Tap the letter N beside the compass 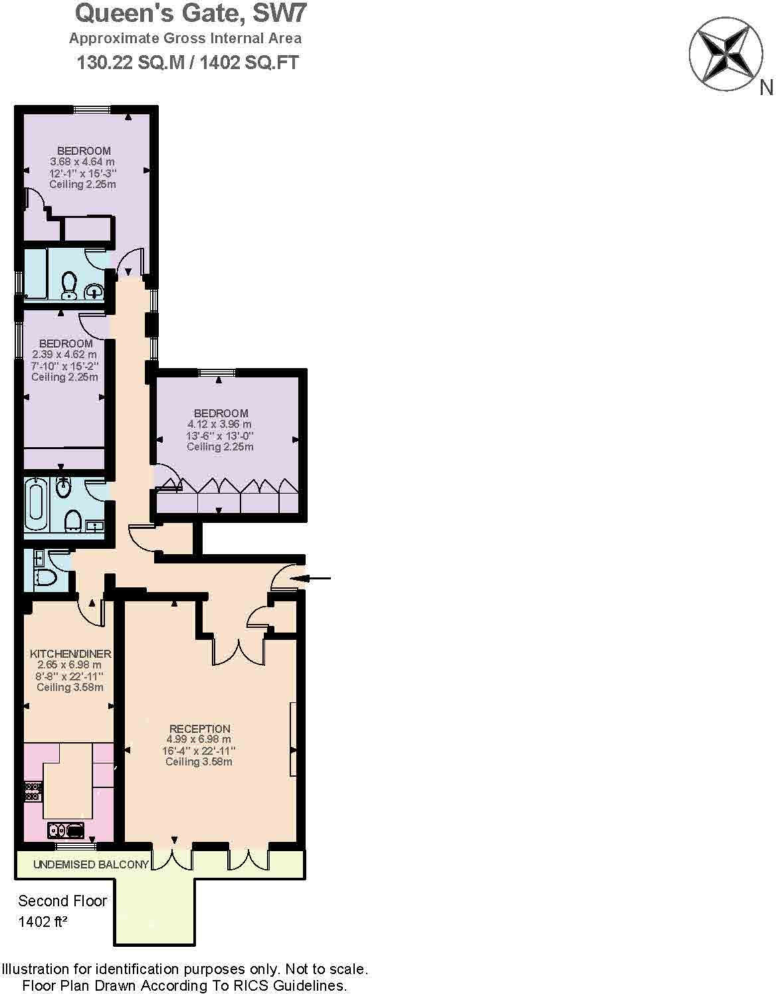click(x=766, y=87)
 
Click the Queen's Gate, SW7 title click(x=191, y=13)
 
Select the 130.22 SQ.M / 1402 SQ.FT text click(x=188, y=63)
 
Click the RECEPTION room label click(x=199, y=728)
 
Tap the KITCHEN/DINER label click(x=70, y=654)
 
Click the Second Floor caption click(x=62, y=901)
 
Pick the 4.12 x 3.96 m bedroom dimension click(x=220, y=424)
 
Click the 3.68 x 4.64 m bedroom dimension click(x=82, y=161)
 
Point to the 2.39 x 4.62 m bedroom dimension click(x=64, y=355)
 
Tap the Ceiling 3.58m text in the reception click(x=199, y=761)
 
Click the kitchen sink click(x=66, y=830)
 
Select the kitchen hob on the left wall click(x=32, y=791)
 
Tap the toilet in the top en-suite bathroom click(x=69, y=285)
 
